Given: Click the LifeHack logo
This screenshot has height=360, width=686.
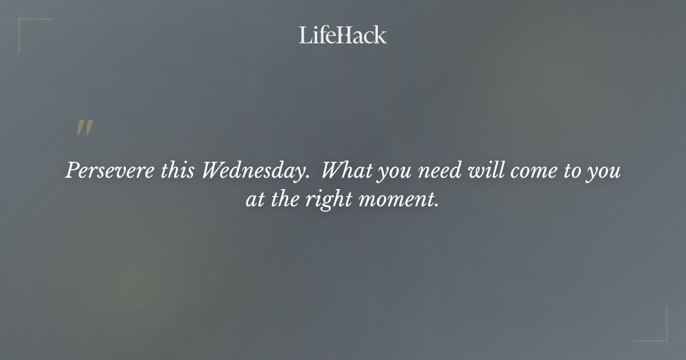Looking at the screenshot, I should (x=343, y=35).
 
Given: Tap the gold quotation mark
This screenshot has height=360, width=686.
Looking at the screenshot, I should (x=85, y=128).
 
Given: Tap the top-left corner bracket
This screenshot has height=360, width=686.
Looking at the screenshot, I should (x=29, y=29).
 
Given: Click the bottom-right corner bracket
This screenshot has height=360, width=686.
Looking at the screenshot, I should (x=657, y=331).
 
